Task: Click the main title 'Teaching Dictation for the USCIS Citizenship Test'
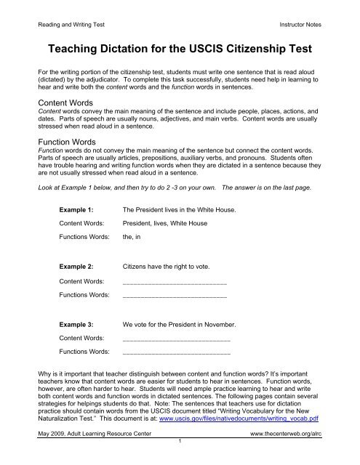180,52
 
